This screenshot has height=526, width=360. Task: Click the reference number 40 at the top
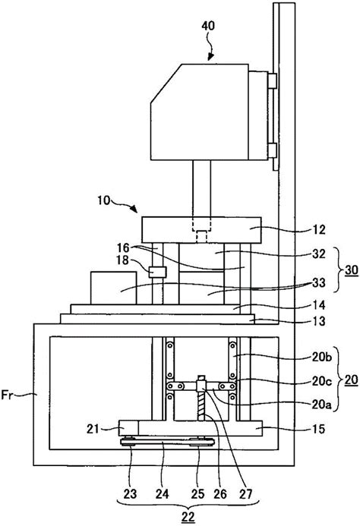[208, 26]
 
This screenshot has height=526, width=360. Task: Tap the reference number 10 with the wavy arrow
[104, 200]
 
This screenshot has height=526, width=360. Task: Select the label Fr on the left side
[7, 395]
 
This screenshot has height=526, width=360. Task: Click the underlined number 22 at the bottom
[188, 517]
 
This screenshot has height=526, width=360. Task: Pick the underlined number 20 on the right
[352, 380]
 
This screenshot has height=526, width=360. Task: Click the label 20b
[322, 357]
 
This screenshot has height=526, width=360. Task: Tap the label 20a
[322, 405]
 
